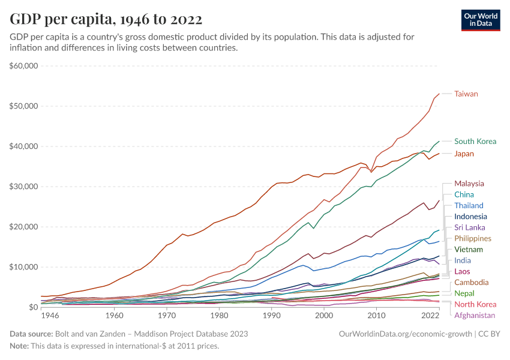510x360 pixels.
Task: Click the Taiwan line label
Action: click(466, 94)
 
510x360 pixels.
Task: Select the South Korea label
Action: click(475, 142)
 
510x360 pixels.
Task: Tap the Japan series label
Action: click(464, 154)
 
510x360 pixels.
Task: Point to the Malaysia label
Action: click(469, 183)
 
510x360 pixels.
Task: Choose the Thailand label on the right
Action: click(469, 205)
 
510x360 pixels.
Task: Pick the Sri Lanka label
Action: click(470, 227)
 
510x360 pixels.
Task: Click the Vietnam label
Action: click(469, 250)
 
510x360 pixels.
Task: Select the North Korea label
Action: click(475, 304)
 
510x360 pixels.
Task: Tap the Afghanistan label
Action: click(475, 315)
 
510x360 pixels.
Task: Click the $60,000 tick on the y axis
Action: click(24, 65)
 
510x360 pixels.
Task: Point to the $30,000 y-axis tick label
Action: click(24, 187)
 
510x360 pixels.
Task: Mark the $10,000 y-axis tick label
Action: click(24, 267)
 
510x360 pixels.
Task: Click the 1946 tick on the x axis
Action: click(50, 316)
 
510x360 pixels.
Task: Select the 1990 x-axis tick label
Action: click(272, 316)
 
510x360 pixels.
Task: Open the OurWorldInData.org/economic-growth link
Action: click(406, 334)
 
